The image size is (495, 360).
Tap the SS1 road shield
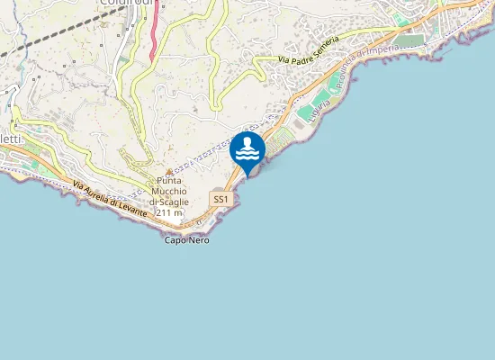coord(220,198)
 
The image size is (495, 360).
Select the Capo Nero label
coord(186,240)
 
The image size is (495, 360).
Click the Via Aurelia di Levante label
coord(109,196)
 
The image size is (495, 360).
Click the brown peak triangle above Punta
coord(168,171)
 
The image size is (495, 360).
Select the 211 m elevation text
coord(170,213)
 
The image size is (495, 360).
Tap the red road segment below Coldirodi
coord(155,31)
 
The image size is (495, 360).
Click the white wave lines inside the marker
coord(247,155)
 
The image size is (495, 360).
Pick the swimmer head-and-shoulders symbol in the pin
coord(247,143)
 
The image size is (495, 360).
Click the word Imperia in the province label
coord(377,56)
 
